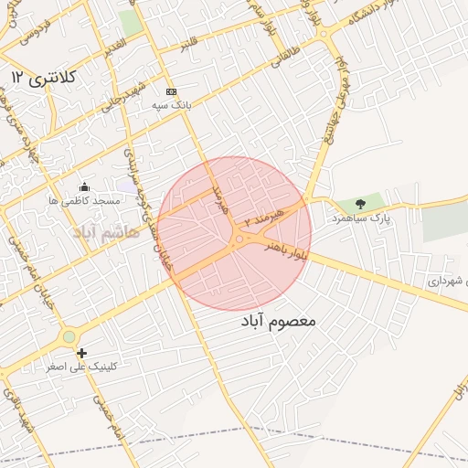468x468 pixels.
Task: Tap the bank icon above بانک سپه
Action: tap(171, 91)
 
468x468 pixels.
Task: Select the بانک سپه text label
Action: tap(171, 105)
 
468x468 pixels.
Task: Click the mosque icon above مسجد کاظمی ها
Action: tap(85, 186)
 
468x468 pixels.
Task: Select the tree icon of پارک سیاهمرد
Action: tap(359, 204)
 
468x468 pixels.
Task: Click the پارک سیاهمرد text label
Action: tap(361, 219)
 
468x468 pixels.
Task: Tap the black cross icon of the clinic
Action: tap(82, 353)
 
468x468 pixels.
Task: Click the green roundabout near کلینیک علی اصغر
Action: tap(69, 337)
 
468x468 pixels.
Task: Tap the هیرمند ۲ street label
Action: tap(264, 218)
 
